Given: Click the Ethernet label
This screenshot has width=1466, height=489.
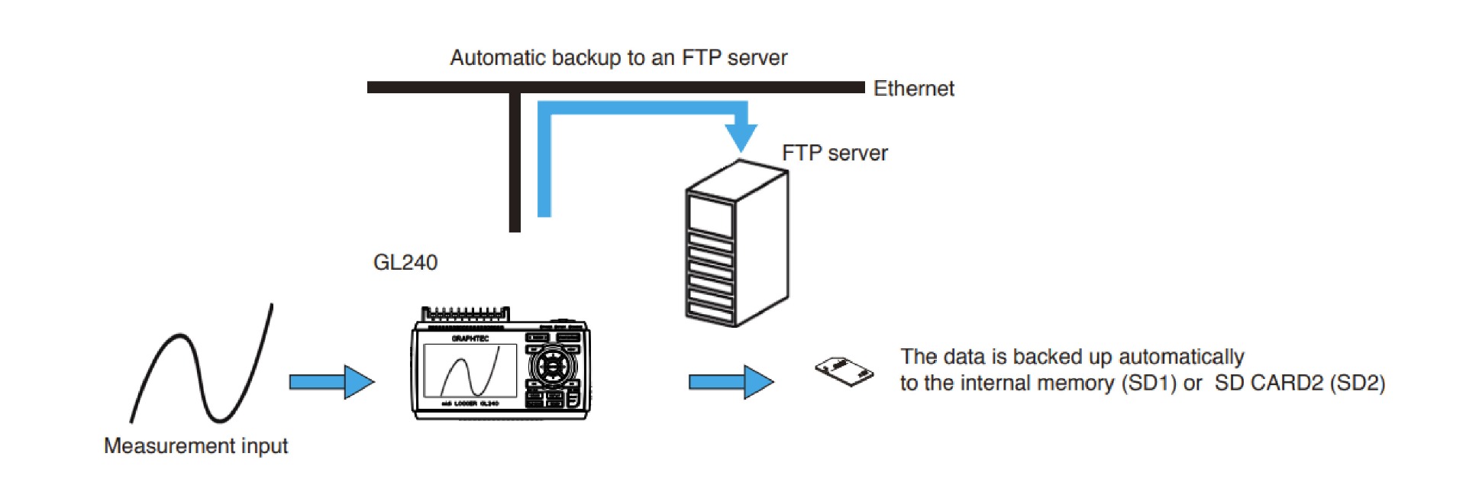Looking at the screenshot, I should [x=913, y=89].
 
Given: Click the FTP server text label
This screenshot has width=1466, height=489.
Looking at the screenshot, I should [x=835, y=153].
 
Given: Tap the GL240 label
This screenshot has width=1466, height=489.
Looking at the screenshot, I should [x=405, y=262].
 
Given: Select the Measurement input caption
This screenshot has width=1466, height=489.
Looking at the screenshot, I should [x=195, y=445].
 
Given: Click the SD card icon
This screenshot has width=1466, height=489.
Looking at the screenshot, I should [x=844, y=371].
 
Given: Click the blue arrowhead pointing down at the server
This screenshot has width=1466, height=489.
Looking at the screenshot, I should [x=740, y=137].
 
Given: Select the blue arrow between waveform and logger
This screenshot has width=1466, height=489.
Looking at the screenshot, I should [x=331, y=381].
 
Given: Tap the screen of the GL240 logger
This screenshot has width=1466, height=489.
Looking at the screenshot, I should [x=470, y=371].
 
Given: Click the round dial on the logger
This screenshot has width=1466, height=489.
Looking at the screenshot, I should [x=552, y=366].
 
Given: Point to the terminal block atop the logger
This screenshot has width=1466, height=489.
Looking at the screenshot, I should [x=466, y=314].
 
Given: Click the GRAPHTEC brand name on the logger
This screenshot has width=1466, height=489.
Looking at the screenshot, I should [x=470, y=338].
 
